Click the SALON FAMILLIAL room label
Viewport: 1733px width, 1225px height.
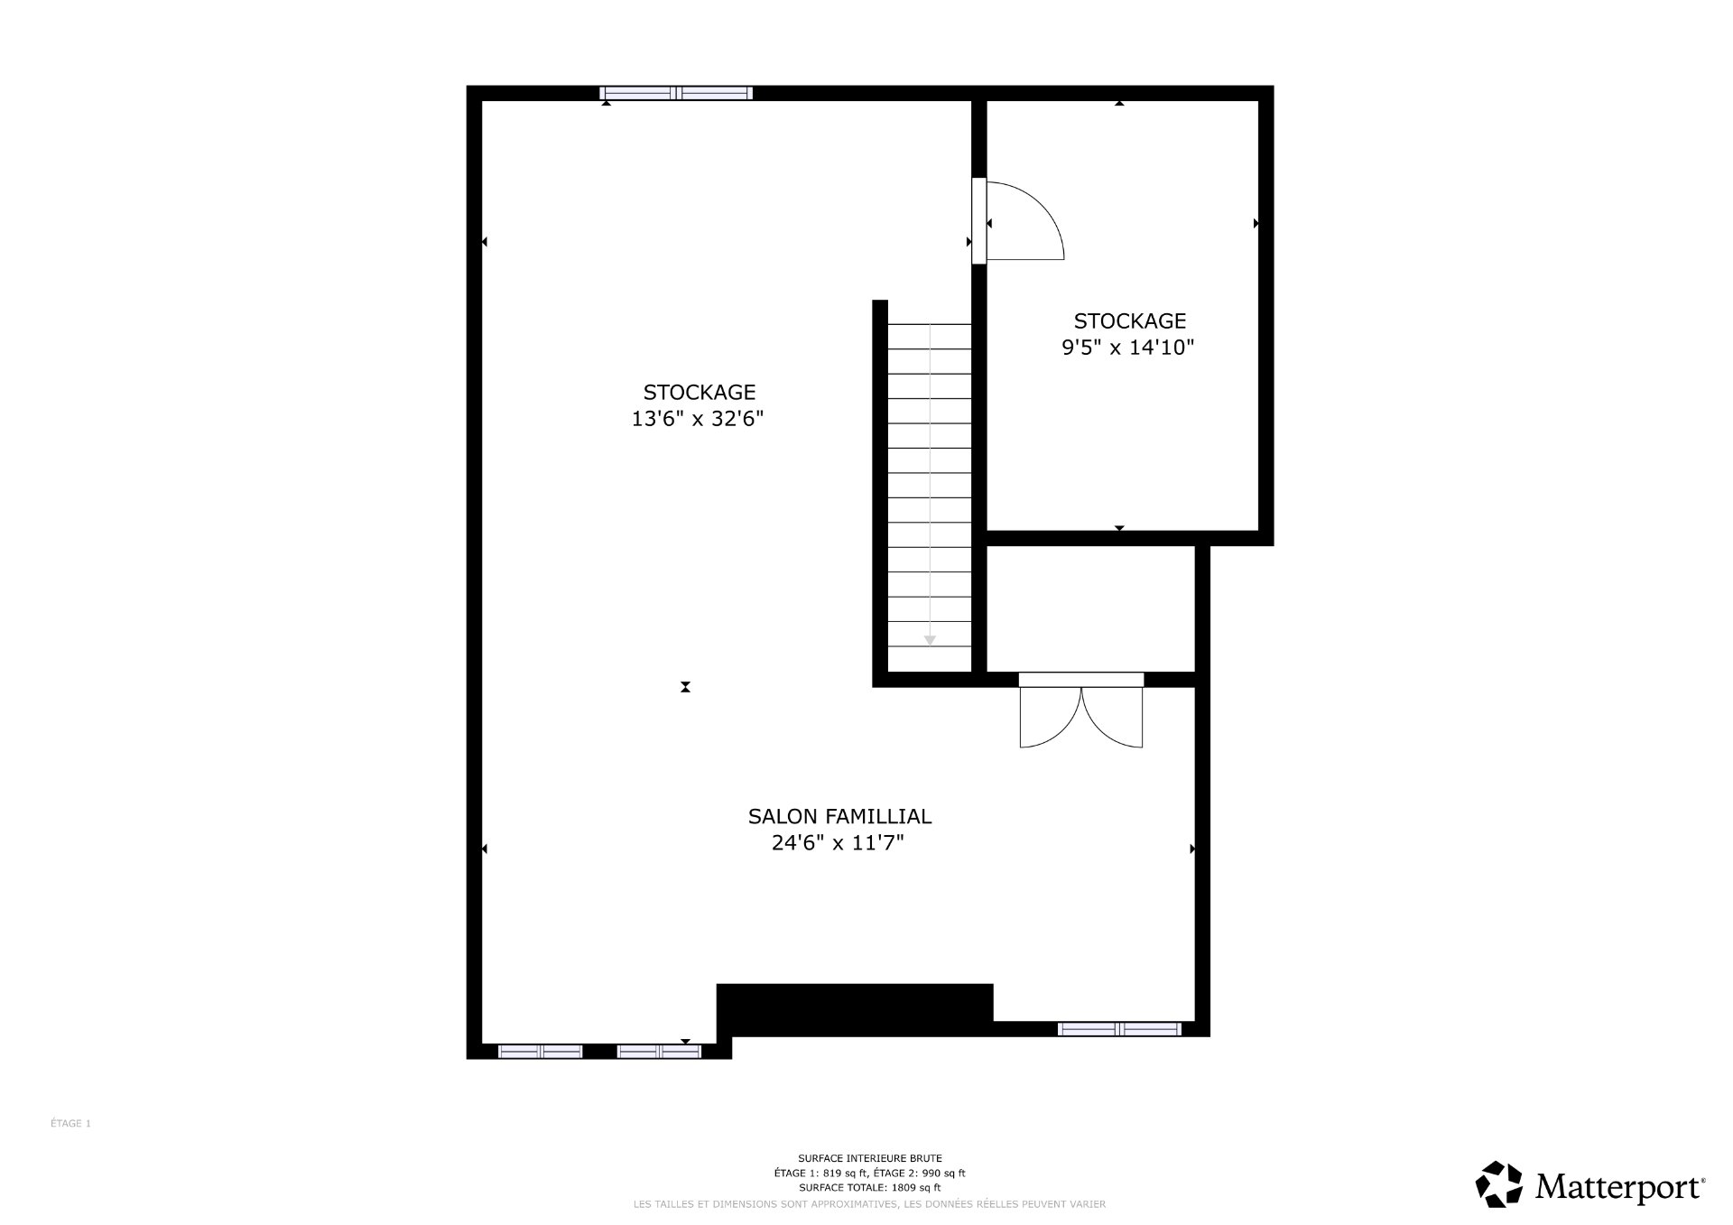[x=839, y=816]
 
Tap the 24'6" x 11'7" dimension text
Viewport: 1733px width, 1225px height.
[x=838, y=843]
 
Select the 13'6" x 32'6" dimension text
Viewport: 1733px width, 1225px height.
[x=698, y=419]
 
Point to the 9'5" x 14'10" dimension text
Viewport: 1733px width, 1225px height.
[x=1127, y=348]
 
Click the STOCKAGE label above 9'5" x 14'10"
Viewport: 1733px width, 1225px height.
[x=1129, y=320]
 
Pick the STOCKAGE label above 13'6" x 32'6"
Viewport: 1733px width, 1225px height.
[x=699, y=392]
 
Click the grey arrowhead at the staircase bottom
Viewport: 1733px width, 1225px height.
[x=930, y=640]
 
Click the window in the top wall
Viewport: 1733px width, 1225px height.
[x=676, y=93]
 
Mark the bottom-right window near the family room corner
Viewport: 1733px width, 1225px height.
[x=1119, y=1029]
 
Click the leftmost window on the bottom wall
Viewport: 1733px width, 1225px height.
[x=540, y=1051]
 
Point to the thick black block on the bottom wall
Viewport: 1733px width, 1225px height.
[x=855, y=1008]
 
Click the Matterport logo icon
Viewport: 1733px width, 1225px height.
[x=1498, y=1183]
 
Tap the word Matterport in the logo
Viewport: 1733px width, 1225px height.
[x=1619, y=1185]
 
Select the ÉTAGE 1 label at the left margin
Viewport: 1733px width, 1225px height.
[x=70, y=1124]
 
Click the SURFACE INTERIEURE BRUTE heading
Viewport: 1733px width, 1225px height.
[x=869, y=1158]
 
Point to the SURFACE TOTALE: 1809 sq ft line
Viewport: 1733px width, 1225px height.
[x=869, y=1188]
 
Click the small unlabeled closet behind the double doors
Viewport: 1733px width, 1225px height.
[x=1090, y=609]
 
